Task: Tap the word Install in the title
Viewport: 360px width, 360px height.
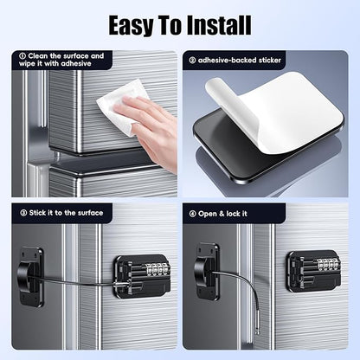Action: coord(219,25)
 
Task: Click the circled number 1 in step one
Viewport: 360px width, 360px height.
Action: coord(22,56)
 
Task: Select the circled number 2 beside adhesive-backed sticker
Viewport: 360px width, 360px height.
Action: coord(192,61)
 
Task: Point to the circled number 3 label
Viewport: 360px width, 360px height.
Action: coord(23,213)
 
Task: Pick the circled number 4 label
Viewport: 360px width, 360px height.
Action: coord(193,214)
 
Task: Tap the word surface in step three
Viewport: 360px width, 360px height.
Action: coord(89,213)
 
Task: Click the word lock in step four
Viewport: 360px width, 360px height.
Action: coord(233,214)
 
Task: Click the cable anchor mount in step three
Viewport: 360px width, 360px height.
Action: coord(29,276)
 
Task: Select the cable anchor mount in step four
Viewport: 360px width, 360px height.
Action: coord(207,272)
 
